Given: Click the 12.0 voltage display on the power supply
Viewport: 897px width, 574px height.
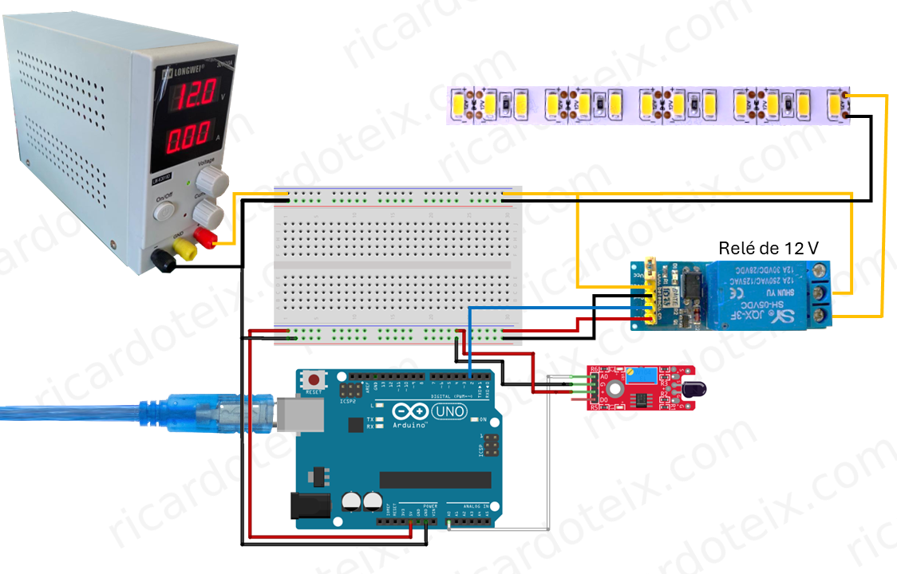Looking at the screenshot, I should tap(193, 97).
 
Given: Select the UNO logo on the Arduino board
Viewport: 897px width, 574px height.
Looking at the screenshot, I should tap(452, 412).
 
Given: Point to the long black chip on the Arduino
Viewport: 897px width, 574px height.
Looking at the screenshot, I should tap(435, 479).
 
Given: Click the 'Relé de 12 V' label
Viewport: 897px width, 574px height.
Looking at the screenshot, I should tap(769, 248).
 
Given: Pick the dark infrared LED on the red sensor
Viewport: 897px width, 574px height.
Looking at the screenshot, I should tap(688, 391).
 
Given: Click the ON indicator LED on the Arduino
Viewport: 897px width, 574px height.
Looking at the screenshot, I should tap(473, 419).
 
